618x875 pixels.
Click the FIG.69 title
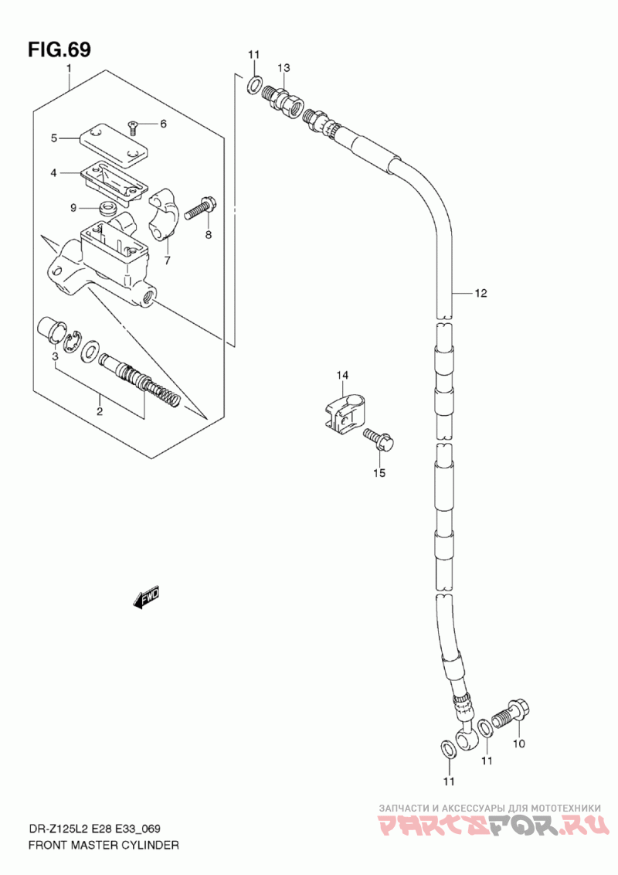point(59,49)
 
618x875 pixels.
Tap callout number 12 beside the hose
point(480,293)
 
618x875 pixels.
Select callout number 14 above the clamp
point(342,376)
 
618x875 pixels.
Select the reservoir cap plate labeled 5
point(114,143)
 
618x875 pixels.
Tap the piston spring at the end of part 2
point(167,392)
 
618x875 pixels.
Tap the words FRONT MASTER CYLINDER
point(104,846)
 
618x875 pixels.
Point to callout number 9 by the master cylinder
point(73,207)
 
